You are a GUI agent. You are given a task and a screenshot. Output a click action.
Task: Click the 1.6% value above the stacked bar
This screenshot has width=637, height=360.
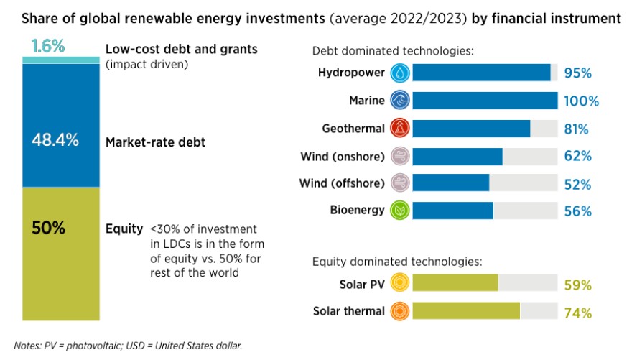pyautogui.click(x=49, y=47)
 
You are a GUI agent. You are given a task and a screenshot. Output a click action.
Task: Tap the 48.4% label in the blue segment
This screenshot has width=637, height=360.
pyautogui.click(x=55, y=140)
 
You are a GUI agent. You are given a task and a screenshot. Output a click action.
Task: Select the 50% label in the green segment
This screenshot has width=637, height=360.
pyautogui.click(x=49, y=229)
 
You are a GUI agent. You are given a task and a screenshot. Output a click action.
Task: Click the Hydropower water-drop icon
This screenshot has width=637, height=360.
pyautogui.click(x=399, y=73)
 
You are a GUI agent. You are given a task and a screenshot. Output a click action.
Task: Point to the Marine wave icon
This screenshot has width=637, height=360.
pyautogui.click(x=399, y=101)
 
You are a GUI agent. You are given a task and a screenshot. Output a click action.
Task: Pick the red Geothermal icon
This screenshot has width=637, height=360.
pyautogui.click(x=399, y=129)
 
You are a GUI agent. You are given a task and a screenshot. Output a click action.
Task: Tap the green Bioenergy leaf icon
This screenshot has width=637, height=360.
pyautogui.click(x=399, y=211)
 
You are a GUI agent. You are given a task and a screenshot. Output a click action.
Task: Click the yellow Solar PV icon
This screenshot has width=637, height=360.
pyautogui.click(x=399, y=284)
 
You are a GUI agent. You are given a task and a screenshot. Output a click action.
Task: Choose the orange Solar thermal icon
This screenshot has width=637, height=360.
pyautogui.click(x=399, y=312)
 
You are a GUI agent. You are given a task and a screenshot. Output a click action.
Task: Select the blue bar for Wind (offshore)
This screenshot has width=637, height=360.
pyautogui.click(x=451, y=183)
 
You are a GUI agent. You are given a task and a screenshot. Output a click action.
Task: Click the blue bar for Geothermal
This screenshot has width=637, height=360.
pyautogui.click(x=471, y=129)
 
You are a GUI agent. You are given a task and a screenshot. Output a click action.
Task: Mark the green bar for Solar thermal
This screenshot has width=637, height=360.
pyautogui.click(x=466, y=312)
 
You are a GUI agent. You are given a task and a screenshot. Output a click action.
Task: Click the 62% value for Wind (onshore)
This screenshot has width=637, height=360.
pyautogui.click(x=578, y=156)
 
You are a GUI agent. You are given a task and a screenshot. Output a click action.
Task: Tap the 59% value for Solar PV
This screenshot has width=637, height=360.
pyautogui.click(x=578, y=285)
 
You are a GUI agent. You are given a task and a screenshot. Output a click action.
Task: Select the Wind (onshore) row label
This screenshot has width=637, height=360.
pyautogui.click(x=342, y=156)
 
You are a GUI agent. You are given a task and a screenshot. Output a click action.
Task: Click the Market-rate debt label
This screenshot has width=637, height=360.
pyautogui.click(x=156, y=142)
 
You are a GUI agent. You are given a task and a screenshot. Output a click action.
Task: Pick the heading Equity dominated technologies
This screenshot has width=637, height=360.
pyautogui.click(x=396, y=262)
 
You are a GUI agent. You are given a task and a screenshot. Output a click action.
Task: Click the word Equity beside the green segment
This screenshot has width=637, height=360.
pyautogui.click(x=124, y=229)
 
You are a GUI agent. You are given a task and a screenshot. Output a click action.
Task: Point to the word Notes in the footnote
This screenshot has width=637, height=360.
pyautogui.click(x=27, y=346)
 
